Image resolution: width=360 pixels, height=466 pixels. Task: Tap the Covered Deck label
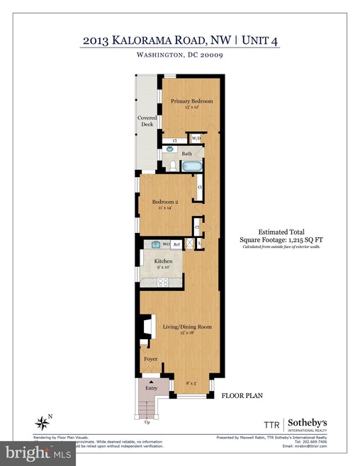tap(147, 121)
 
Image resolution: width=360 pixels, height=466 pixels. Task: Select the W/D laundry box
tap(196, 139)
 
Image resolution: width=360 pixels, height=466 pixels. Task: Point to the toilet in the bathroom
tap(172, 166)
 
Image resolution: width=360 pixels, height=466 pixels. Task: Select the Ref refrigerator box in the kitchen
tap(177, 244)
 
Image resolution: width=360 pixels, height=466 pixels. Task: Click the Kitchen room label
tap(164, 263)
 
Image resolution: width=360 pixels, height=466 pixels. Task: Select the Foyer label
tap(150, 359)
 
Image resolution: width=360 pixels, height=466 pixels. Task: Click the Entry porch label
tap(150, 387)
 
